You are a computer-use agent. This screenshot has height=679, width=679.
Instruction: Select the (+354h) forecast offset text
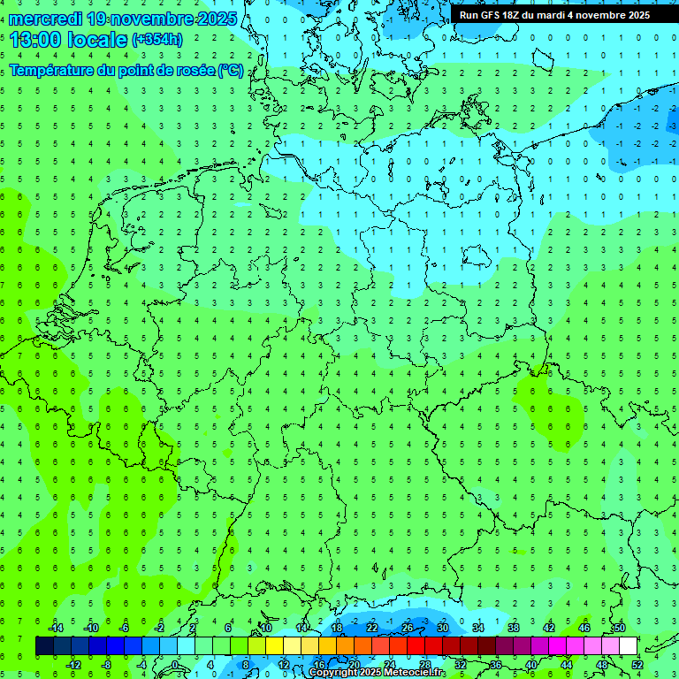pyautogui.click(x=157, y=39)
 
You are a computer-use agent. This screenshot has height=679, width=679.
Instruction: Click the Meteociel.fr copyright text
pyautogui.click(x=376, y=673)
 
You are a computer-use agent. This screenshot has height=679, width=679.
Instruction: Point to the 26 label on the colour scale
pyautogui.click(x=408, y=628)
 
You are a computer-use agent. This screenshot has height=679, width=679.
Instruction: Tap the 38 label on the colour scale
pyautogui.click(x=514, y=628)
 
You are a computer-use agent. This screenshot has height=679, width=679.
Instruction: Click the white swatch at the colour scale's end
pyautogui.click(x=629, y=646)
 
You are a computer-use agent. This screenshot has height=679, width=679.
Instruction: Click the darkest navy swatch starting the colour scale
pyautogui.click(x=44, y=646)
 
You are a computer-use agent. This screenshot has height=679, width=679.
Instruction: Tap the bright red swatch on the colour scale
pyautogui.click(x=416, y=646)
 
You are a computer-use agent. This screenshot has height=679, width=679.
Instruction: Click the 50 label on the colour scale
pyautogui.click(x=620, y=628)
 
